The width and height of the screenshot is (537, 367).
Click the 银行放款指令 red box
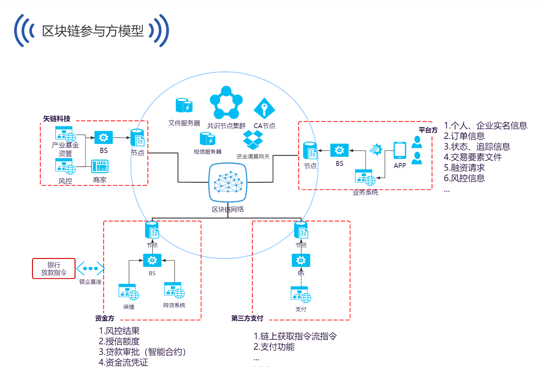coord(53,268)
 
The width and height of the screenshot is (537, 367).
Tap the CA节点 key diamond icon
coord(264,109)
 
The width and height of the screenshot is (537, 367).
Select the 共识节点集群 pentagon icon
coord(226,103)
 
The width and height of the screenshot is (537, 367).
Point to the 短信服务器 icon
coord(207,139)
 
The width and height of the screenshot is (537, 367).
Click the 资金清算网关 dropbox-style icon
coord(253,140)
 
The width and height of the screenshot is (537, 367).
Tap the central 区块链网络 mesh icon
coord(228,182)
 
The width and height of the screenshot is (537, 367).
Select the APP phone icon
coord(400,150)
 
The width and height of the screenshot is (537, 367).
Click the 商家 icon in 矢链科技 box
coord(100,167)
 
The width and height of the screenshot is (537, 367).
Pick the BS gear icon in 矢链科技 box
coord(103,138)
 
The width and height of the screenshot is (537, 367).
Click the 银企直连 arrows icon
coord(91,268)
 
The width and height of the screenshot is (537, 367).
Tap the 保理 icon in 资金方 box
coord(129,292)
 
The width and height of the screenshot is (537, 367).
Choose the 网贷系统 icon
coord(174,291)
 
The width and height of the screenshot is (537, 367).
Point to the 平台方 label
coord(428,130)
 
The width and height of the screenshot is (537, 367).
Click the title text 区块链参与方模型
coord(93,31)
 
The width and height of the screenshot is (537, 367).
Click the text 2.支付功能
coord(274,347)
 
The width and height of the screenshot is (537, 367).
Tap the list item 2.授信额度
coord(119,342)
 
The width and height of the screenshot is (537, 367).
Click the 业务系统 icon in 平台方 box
coord(365,177)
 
